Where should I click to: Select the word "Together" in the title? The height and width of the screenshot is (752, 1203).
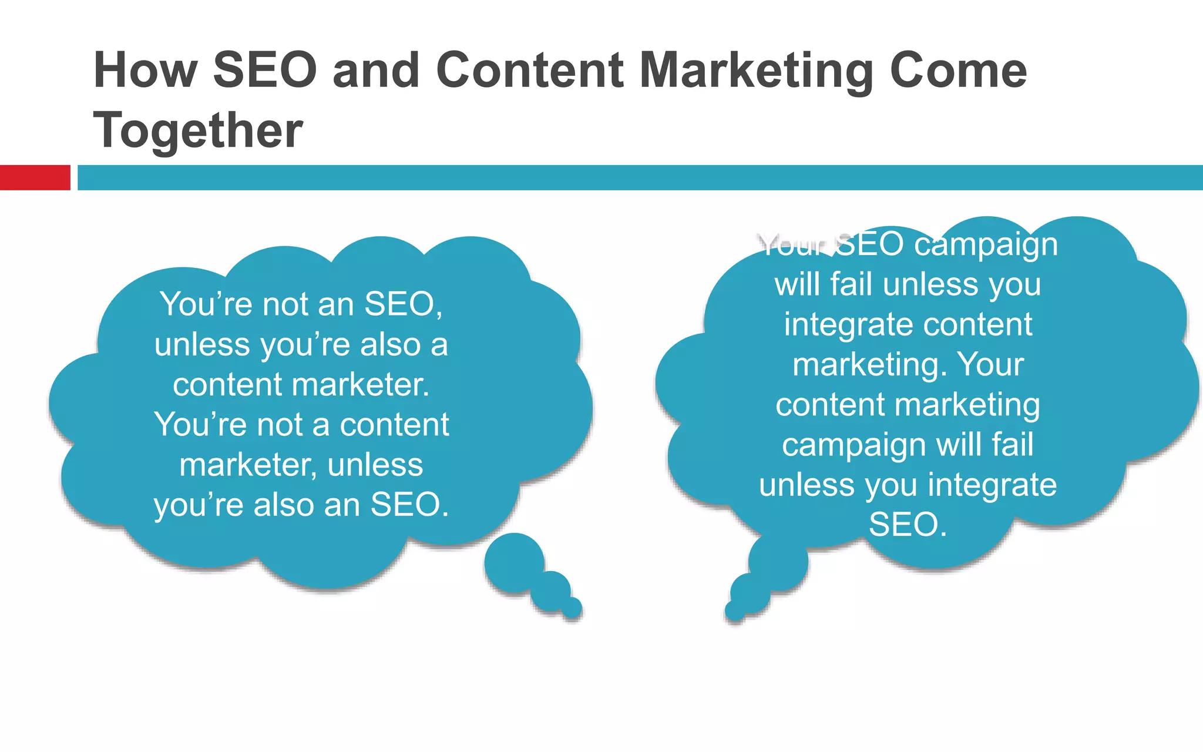198,130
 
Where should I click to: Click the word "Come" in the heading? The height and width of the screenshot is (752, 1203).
958,70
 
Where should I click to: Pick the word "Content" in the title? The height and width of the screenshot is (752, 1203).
530,70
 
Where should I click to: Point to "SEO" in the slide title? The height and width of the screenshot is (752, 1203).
265,70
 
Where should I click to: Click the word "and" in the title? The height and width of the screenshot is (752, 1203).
376,70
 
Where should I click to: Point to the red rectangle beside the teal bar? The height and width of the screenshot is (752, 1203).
35,177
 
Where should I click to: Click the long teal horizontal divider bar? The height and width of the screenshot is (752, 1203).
640,177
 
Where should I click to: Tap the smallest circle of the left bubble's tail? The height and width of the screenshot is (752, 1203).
572,608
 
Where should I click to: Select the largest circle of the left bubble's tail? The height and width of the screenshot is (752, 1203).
514,562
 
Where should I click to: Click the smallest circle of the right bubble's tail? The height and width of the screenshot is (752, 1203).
735,610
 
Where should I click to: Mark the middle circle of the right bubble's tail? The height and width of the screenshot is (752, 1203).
750,592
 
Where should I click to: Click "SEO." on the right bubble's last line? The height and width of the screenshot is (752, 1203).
908,524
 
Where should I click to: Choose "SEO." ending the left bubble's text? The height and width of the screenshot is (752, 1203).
409,504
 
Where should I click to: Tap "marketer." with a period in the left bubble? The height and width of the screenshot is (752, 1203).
360,385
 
